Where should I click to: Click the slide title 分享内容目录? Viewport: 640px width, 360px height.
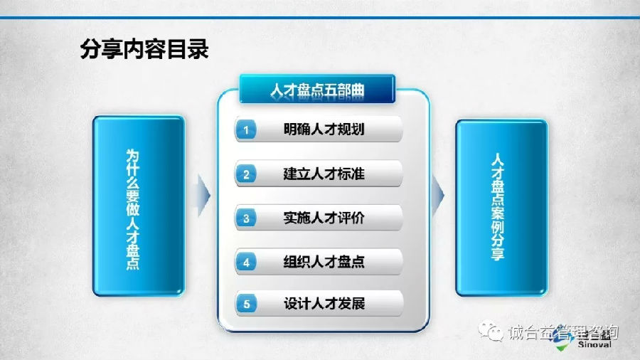coord(144,49)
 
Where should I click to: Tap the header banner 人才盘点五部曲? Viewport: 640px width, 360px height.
coord(317,89)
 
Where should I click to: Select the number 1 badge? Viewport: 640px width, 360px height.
coord(246,129)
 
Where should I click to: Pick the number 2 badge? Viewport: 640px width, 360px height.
coord(246,174)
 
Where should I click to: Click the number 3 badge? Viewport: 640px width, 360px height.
coord(246,218)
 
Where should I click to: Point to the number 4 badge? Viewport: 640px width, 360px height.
coord(246,262)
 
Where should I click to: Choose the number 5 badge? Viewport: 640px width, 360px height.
coord(246,304)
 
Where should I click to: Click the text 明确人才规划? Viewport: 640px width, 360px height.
coord(324,129)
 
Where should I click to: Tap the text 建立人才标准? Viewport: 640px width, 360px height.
coord(324,174)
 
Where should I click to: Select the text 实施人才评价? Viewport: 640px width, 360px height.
coord(324,218)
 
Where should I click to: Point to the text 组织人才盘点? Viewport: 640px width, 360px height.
coord(324,262)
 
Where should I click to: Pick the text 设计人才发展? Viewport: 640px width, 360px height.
coord(324,303)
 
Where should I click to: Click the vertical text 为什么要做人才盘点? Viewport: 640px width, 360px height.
coord(133,209)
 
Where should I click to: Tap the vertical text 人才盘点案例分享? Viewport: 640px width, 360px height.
coord(498,206)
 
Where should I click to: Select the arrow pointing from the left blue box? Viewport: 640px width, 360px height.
coord(203,196)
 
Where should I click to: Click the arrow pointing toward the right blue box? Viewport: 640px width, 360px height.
coord(437,196)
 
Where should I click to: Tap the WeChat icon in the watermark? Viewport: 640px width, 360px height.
coord(491,331)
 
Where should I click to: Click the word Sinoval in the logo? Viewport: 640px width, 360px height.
coord(594,344)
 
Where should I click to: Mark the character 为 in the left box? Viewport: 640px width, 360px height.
coord(133,155)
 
